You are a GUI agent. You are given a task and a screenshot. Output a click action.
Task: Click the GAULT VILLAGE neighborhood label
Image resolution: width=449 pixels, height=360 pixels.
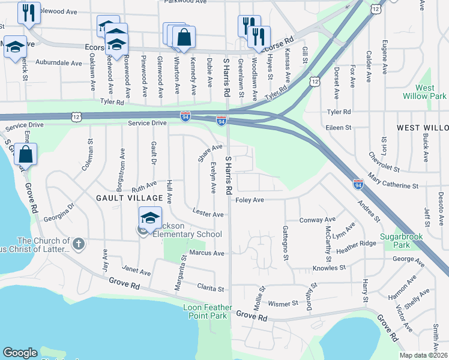pos(128,198)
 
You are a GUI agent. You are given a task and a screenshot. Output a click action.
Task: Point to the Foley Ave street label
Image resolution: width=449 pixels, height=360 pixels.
pos(250,200)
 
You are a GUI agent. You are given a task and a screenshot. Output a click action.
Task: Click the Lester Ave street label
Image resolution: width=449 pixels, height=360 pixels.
pos(208,214)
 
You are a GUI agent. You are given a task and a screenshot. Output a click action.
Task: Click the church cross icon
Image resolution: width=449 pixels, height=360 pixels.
pos(79,244)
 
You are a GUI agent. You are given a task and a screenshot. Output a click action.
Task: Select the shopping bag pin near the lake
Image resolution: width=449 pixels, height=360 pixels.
pos(26,155)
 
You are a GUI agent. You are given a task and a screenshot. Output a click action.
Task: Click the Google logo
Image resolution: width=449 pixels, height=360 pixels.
pos(20,353)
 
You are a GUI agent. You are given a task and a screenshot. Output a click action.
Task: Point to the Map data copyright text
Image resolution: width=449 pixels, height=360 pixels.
pos(424,355)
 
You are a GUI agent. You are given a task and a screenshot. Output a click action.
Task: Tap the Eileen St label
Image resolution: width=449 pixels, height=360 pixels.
pos(339,128)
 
